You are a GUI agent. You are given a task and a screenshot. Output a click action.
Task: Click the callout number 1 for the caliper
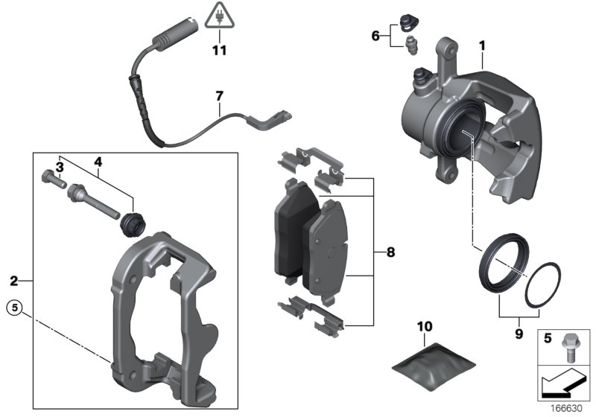[482, 46]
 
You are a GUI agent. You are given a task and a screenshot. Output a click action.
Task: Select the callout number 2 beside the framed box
[13, 281]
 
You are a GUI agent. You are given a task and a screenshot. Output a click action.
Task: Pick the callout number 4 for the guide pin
[98, 162]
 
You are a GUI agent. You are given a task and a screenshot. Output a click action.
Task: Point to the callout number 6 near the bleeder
[375, 34]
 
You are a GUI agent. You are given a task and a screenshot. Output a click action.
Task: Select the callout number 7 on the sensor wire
[219, 96]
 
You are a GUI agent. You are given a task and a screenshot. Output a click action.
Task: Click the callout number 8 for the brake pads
[390, 252]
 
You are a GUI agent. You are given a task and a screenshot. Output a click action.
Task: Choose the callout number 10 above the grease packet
[424, 326]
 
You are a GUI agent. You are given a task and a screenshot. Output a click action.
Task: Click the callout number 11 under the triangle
[218, 51]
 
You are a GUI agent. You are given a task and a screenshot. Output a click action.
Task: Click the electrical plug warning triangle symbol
[218, 16]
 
